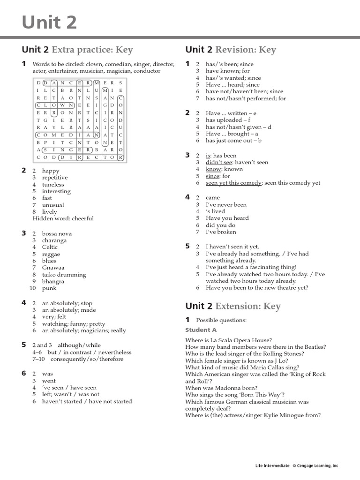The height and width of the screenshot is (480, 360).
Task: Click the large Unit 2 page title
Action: point(49,22)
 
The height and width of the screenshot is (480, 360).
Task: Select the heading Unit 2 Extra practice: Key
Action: point(77,50)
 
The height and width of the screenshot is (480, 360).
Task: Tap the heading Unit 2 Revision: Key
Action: point(231,50)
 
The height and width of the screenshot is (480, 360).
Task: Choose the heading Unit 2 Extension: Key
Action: point(233,306)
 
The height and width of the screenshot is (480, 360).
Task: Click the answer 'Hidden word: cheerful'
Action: point(63,218)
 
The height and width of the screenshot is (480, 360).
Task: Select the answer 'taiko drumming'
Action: point(64,275)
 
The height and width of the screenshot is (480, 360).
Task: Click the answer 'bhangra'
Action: point(54,281)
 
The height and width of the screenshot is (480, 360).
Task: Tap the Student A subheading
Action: point(201,330)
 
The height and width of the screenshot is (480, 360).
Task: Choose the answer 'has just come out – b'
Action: point(233,141)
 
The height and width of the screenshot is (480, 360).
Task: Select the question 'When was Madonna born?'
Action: point(221,388)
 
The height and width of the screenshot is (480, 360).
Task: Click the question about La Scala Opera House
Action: point(228,340)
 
